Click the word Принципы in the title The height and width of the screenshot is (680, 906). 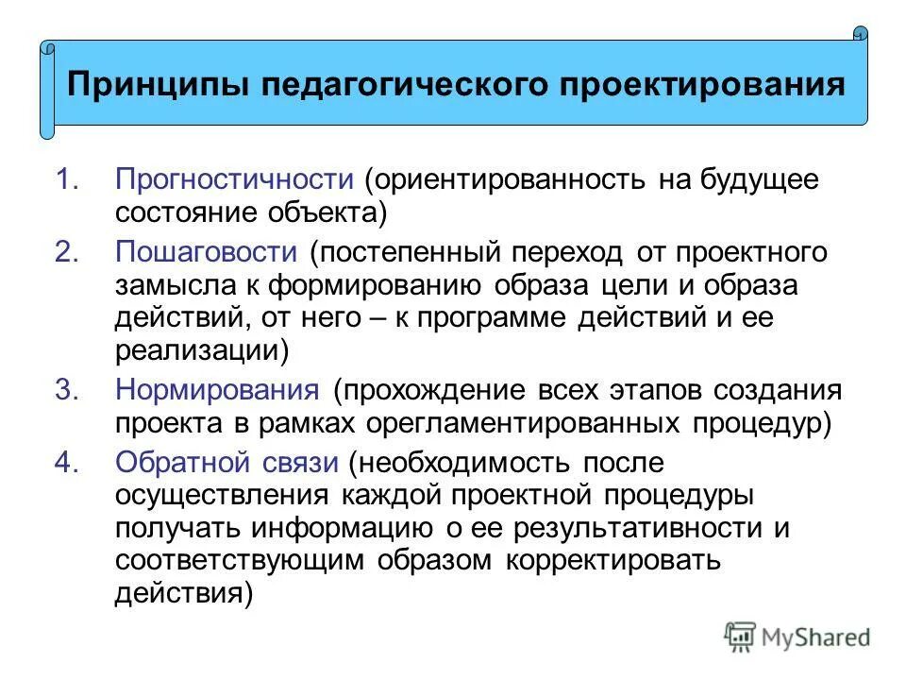(x=156, y=87)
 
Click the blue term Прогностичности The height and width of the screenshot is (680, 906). (x=234, y=179)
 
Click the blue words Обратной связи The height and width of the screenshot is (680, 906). (x=226, y=463)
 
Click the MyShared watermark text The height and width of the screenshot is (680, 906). (x=816, y=637)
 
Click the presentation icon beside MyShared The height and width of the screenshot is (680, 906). (x=742, y=637)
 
